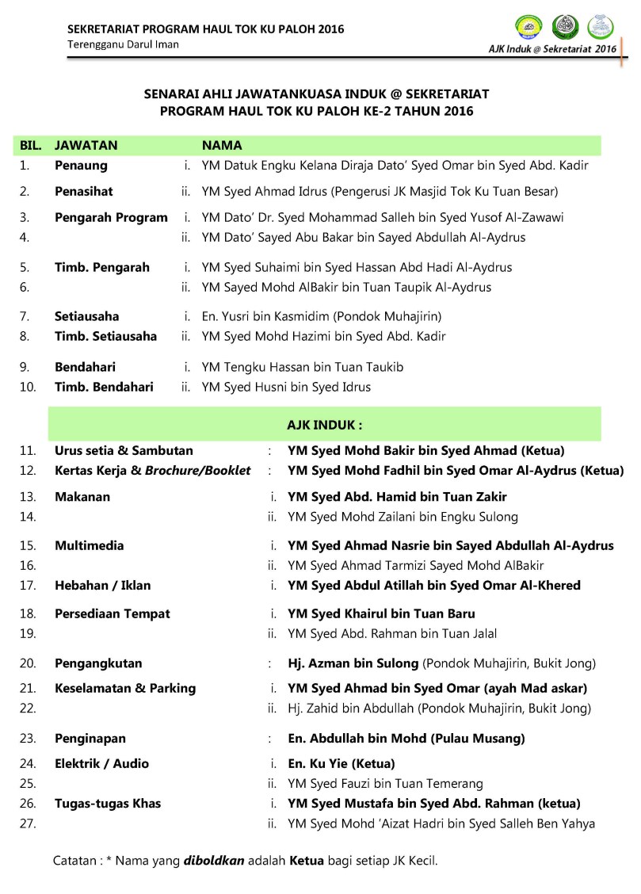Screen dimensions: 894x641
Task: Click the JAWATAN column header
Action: [x=86, y=146]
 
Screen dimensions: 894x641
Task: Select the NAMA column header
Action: [x=222, y=146]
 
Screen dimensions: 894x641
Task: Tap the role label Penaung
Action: [x=81, y=166]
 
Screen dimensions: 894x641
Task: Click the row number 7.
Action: [x=25, y=316]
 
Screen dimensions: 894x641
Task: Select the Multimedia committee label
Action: [x=89, y=545]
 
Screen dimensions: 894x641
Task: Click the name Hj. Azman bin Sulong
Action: [x=353, y=663]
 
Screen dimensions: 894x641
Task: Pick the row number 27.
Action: [x=28, y=823]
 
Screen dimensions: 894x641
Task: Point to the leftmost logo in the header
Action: [x=528, y=27]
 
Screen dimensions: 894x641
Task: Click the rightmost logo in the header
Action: [x=601, y=27]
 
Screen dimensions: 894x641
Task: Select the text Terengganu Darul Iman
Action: [x=123, y=44]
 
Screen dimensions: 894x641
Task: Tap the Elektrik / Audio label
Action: [x=101, y=763]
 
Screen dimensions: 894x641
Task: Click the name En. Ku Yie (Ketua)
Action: [x=341, y=763]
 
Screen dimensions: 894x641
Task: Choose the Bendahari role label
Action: [x=85, y=367]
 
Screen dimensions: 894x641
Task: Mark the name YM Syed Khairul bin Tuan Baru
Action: [x=381, y=613]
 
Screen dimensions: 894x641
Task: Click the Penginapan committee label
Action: [x=90, y=738]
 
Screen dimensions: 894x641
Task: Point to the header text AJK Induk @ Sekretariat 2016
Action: [x=552, y=49]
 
